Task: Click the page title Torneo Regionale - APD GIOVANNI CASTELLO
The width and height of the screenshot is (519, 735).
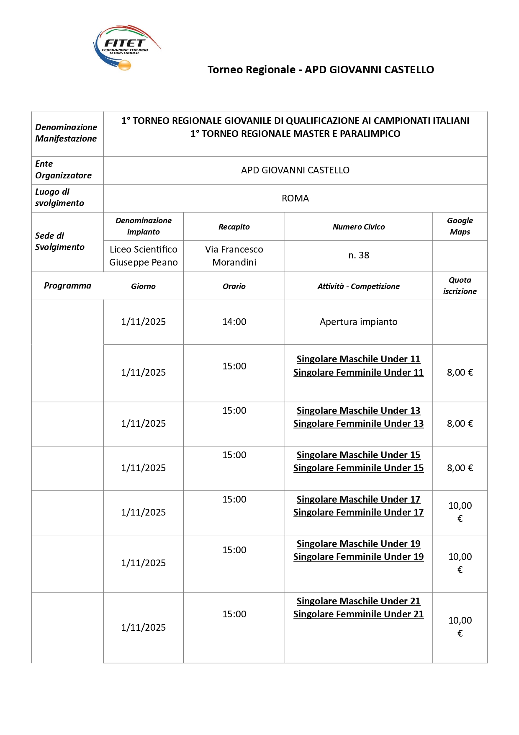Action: [x=321, y=70]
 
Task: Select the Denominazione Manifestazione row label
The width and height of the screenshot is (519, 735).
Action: [x=66, y=133]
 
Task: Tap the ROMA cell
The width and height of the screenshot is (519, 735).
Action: [x=295, y=198]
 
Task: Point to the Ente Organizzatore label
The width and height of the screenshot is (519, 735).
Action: [x=63, y=170]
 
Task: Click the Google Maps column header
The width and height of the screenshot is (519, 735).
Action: [x=460, y=226]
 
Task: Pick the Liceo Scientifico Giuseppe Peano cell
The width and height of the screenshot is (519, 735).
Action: [x=144, y=256]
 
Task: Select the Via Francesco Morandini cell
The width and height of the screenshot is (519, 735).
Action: [x=234, y=256]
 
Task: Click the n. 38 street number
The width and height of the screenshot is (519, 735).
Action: [x=359, y=255]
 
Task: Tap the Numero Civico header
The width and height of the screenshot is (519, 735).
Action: [x=359, y=227]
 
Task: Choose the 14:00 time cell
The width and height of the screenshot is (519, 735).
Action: [x=234, y=322]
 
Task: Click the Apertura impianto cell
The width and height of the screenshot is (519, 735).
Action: [x=359, y=322]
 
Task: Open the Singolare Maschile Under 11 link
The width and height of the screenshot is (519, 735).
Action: [x=358, y=359]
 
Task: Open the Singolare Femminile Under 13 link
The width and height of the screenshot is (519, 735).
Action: [x=358, y=423]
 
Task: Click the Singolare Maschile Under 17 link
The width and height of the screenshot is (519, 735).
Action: [x=358, y=499]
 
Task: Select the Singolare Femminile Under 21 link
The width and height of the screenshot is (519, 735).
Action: [x=358, y=614]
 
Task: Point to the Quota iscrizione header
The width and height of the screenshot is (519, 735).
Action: [x=460, y=286]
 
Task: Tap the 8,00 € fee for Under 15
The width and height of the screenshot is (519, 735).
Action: [x=460, y=468]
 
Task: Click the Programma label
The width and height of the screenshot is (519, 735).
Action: [x=67, y=286]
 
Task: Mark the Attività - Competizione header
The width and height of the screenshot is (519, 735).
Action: [x=359, y=286]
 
